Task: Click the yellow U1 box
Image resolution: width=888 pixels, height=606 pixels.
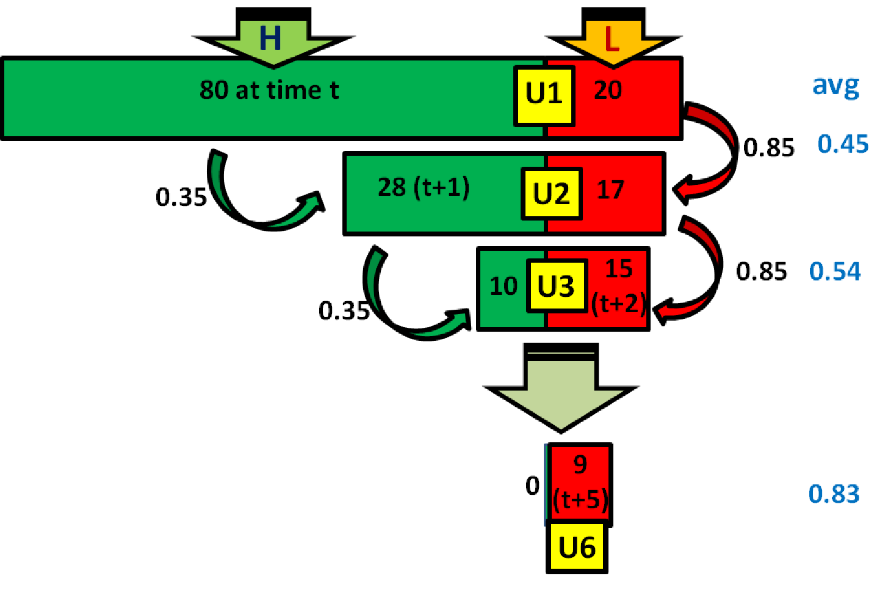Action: tap(544, 95)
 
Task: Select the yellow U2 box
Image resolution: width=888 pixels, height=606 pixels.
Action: tap(551, 193)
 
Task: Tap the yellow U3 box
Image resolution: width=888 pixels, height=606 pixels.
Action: tap(557, 286)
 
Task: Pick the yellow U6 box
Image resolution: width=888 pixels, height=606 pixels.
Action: tap(577, 547)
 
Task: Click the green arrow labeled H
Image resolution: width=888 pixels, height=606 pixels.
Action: tap(272, 40)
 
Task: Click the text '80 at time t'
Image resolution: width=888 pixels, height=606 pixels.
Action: tap(269, 90)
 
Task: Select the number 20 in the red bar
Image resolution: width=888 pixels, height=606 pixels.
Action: tap(608, 90)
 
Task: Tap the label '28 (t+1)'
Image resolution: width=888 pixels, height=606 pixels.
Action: tap(424, 188)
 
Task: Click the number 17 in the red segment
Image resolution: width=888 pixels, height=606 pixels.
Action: tap(610, 190)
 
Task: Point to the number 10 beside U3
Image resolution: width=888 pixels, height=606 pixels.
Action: tap(504, 286)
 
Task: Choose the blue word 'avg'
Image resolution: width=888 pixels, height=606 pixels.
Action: tap(836, 87)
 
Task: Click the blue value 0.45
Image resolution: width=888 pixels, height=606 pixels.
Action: tap(843, 144)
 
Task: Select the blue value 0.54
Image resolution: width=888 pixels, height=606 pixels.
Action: tap(835, 271)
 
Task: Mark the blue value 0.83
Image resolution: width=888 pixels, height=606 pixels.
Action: tap(834, 494)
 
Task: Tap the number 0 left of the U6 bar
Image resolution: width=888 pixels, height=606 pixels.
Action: tap(532, 486)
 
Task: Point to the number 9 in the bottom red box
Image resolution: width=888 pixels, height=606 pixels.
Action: tap(580, 465)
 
